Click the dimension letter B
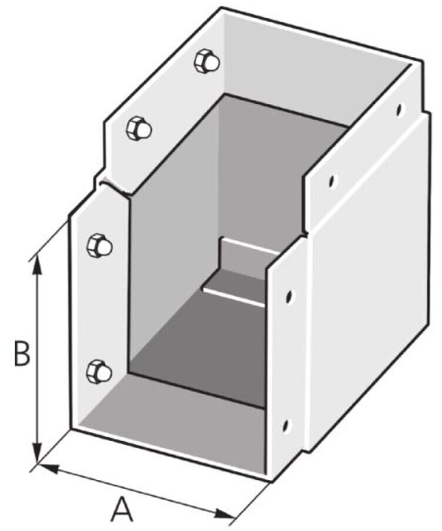(22, 354)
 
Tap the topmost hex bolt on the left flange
(207, 61)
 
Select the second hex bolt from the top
(139, 128)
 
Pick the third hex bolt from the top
(99, 246)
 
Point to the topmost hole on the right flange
(400, 109)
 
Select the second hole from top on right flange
(332, 181)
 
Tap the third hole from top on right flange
(289, 296)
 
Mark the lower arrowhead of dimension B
(38, 453)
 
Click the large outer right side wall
(370, 305)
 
